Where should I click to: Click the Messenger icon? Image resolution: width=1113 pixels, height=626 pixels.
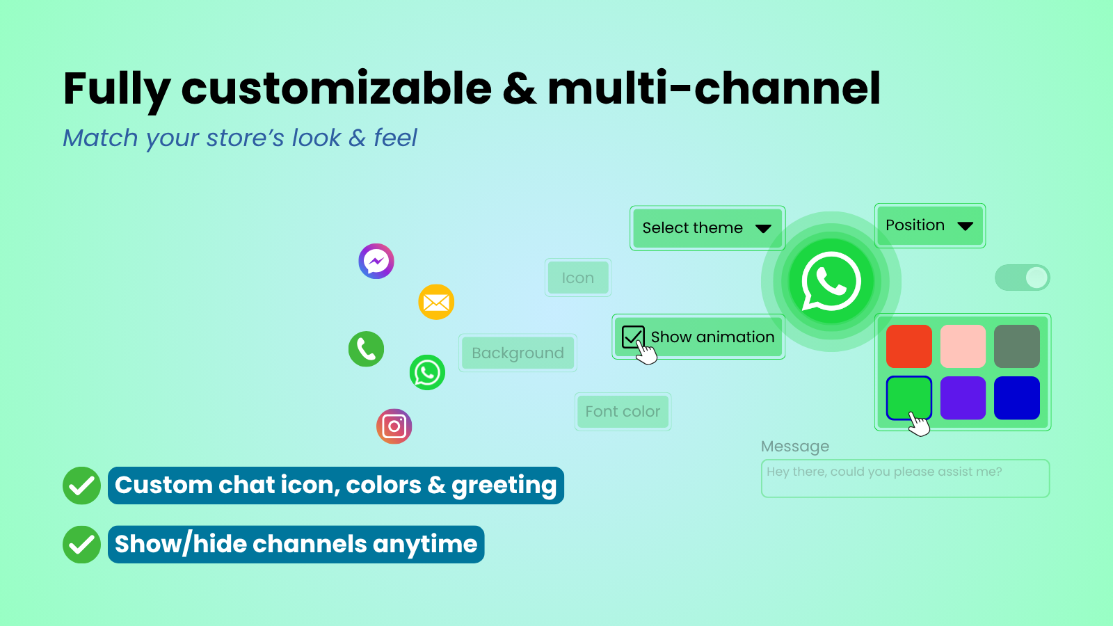point(376,261)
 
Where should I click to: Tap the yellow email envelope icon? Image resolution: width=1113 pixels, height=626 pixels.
point(436,302)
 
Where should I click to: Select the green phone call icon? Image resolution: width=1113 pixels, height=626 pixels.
point(366,348)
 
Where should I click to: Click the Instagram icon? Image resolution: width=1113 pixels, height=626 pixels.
point(394,426)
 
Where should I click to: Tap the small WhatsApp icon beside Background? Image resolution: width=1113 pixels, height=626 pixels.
point(427,372)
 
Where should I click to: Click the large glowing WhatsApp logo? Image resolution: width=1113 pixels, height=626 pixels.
point(831,282)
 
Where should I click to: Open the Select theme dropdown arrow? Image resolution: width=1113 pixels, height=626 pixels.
point(763,229)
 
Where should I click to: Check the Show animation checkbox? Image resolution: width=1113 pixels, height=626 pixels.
point(633,337)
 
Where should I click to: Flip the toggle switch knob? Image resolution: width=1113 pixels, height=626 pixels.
point(1036,278)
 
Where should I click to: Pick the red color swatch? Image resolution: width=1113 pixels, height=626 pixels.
point(908,346)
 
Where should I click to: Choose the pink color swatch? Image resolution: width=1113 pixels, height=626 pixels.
point(963,346)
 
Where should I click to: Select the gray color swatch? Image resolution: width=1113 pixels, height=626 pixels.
point(1017,346)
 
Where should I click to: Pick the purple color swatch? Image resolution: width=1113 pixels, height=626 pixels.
point(963,398)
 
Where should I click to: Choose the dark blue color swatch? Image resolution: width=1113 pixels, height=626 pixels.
point(1017,398)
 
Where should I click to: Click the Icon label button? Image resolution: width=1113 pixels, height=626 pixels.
point(578,278)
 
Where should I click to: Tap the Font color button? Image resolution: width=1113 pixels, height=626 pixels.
point(623,411)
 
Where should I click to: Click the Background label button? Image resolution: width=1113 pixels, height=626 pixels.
point(518,353)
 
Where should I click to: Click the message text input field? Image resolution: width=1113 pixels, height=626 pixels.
point(905,479)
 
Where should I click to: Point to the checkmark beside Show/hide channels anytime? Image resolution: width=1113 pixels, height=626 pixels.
point(82,545)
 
